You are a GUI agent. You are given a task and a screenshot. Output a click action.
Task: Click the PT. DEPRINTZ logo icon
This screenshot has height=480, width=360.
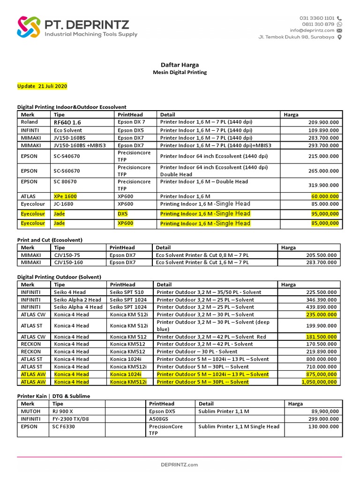tap(29, 27)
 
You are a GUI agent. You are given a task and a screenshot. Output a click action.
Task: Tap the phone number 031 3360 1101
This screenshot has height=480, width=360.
tap(317, 18)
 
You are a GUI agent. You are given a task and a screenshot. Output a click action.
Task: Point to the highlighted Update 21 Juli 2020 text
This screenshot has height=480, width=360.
tap(42, 86)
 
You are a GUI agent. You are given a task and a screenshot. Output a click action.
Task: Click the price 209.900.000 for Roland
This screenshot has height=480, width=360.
tap(323, 122)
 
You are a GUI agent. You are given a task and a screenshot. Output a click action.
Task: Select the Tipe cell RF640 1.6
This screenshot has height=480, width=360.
tap(67, 122)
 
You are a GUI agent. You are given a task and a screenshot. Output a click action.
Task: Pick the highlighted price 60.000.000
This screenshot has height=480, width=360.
tap(325, 196)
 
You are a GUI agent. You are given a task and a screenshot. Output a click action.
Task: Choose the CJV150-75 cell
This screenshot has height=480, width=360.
tap(67, 255)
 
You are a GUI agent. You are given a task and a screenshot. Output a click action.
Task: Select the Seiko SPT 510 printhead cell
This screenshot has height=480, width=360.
tap(127, 292)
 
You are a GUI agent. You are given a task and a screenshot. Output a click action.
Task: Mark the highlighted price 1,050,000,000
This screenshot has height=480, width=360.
tap(319, 382)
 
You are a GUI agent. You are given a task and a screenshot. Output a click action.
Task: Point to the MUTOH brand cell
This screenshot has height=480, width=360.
tap(29, 411)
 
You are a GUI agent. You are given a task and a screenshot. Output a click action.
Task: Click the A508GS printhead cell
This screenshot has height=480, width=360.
tap(159, 419)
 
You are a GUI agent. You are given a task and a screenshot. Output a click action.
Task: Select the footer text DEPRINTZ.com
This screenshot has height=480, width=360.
tap(180, 465)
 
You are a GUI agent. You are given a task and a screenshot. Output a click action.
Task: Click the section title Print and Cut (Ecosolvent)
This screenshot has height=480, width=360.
tap(50, 240)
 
